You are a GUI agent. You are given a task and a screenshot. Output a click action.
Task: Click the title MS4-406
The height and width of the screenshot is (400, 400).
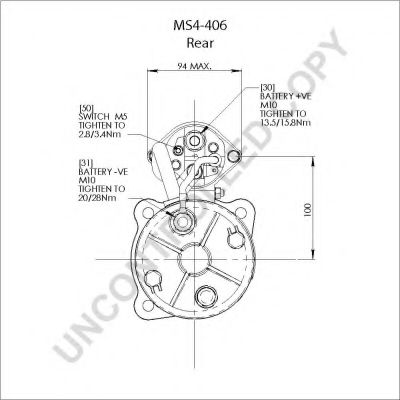(200, 25)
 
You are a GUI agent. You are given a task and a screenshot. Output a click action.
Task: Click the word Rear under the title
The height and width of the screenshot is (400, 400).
(200, 43)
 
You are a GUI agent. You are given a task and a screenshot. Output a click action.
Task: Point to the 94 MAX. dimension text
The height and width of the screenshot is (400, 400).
(194, 66)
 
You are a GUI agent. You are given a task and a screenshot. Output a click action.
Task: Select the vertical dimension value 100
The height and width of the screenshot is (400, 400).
(307, 210)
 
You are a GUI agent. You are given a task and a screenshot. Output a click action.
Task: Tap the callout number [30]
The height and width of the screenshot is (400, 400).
(267, 88)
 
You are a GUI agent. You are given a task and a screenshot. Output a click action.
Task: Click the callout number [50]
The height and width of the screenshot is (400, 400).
(86, 108)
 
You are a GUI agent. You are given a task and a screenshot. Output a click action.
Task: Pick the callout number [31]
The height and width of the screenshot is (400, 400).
(86, 163)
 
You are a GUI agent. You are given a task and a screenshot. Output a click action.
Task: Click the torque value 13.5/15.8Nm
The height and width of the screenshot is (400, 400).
(285, 122)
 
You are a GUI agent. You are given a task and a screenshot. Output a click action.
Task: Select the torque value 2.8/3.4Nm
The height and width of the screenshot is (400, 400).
(100, 134)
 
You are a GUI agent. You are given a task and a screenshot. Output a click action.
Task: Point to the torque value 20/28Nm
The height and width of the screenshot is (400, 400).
(98, 198)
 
